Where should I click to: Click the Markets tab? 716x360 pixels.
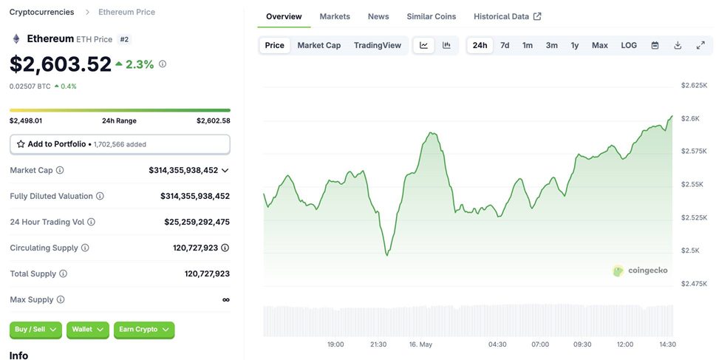click(x=335, y=16)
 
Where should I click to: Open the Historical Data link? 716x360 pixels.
click(x=508, y=16)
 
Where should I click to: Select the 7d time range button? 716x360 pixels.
click(x=505, y=45)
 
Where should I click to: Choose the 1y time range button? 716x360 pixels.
click(x=574, y=45)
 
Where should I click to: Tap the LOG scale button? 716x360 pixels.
click(x=629, y=45)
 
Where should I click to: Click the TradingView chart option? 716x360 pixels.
click(x=377, y=45)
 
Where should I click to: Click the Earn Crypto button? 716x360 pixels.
click(x=144, y=330)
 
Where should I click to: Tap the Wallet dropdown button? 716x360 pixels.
click(x=88, y=330)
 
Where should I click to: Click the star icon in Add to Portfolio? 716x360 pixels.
click(x=21, y=144)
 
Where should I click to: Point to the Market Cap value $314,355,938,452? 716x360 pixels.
click(x=183, y=171)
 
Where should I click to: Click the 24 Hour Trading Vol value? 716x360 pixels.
click(x=197, y=222)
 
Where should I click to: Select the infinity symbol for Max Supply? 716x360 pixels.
click(x=225, y=299)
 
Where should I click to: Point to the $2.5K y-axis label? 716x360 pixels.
click(x=690, y=251)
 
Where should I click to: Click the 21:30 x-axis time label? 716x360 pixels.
click(x=378, y=344)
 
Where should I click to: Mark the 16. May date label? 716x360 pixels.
click(x=420, y=344)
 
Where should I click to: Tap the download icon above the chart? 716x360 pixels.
click(x=678, y=45)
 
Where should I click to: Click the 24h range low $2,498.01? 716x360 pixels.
click(x=26, y=120)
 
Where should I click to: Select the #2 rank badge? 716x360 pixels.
click(x=124, y=39)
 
